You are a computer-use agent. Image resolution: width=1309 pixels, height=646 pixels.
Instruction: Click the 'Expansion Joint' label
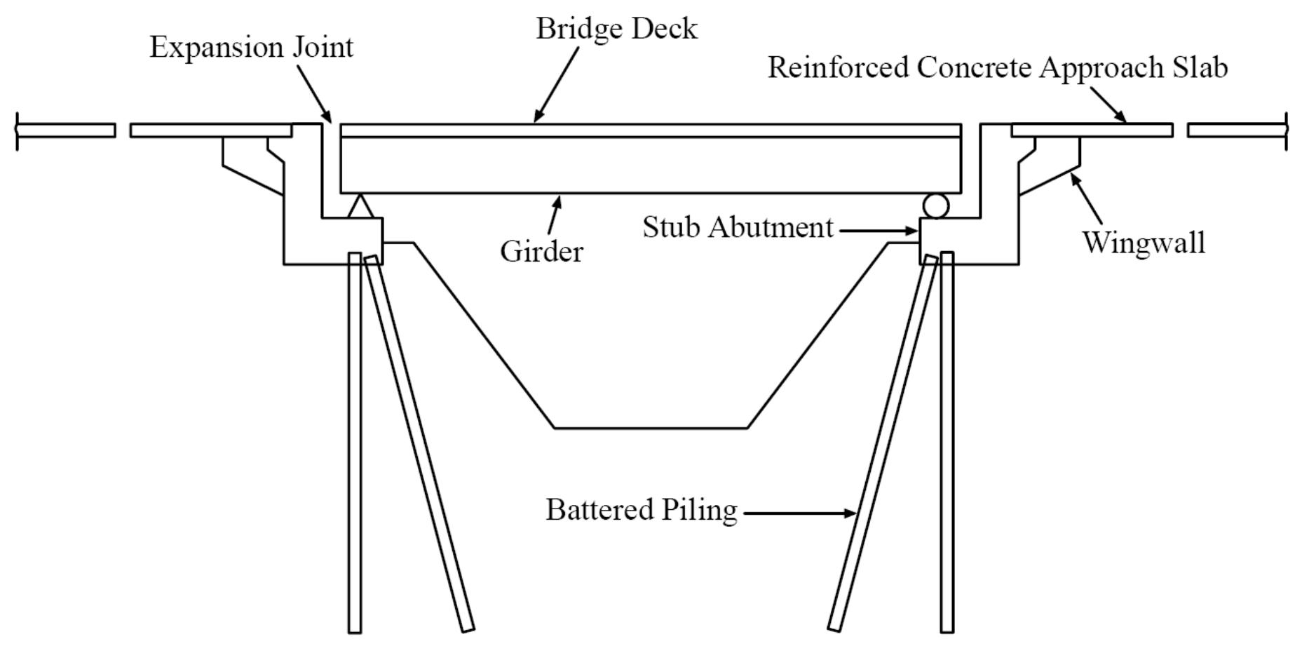coord(251,48)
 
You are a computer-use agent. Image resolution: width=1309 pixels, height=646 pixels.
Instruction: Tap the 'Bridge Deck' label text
coord(616,29)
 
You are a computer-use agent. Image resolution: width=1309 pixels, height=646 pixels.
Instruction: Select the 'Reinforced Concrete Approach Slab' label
coord(997,67)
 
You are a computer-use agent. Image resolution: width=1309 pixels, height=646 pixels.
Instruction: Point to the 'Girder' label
coord(541,251)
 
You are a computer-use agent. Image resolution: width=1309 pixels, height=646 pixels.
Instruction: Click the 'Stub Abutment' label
coord(738,227)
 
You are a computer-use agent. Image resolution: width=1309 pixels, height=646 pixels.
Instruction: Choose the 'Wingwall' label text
coord(1144,243)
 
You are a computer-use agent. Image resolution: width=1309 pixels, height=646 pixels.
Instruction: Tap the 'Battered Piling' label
coord(642,510)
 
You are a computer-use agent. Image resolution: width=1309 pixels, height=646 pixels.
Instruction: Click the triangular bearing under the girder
coord(359,206)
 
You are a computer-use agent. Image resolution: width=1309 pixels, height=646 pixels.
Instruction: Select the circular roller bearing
coord(935,206)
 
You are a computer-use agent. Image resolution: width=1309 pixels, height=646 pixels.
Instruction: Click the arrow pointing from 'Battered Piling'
coord(799,513)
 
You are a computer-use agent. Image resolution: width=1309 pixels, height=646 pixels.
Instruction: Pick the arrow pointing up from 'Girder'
coord(554,215)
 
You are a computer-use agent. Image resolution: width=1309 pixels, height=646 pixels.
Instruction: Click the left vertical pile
coord(355,442)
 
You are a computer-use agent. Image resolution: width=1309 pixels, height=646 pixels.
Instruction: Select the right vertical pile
coord(947,442)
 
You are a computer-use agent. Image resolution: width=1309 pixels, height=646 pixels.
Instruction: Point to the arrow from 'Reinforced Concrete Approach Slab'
coord(1108,105)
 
